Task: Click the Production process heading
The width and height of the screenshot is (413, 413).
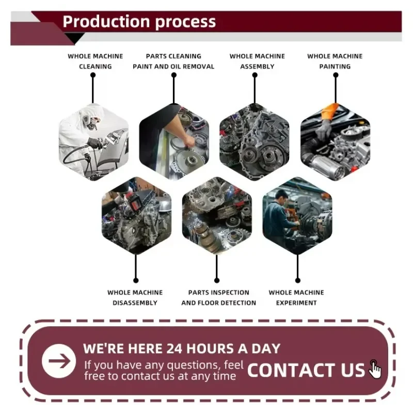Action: point(139,22)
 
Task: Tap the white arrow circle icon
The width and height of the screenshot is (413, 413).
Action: point(59,361)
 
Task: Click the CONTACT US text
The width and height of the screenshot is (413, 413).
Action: point(306,370)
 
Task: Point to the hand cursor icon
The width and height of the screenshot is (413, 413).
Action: point(375,369)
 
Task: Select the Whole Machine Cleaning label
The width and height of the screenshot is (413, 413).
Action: point(96,61)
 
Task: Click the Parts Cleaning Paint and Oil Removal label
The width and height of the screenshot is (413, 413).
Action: point(173,61)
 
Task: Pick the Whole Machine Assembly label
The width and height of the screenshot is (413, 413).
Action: point(257,61)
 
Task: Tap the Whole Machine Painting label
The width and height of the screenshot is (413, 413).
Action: point(335,61)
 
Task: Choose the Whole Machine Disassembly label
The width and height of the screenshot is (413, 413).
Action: point(135,298)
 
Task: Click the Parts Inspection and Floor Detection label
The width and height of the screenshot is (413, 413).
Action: point(218,298)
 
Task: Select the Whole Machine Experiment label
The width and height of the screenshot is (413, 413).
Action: point(296,298)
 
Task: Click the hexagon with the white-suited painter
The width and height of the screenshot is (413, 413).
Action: point(94,141)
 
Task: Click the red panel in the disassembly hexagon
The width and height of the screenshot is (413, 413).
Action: point(136,204)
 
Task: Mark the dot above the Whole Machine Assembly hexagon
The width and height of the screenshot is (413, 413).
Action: point(255,75)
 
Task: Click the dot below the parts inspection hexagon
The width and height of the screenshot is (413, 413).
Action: point(217,280)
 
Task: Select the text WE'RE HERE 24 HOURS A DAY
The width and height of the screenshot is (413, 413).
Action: point(182,348)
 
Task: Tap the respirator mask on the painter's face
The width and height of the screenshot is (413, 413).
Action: point(90,122)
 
